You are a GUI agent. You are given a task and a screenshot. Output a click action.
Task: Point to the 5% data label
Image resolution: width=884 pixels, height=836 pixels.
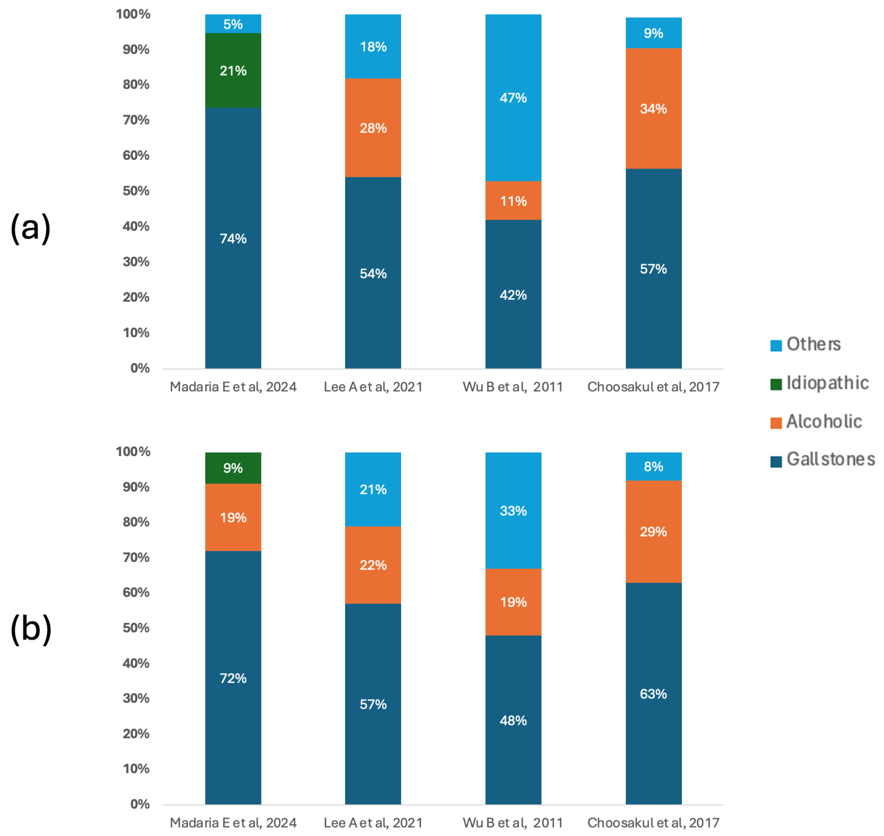point(233,24)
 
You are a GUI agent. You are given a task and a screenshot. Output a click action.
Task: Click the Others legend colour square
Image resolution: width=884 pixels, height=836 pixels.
point(776,345)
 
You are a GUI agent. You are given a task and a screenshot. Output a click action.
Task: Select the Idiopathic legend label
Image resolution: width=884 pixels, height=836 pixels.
point(827,383)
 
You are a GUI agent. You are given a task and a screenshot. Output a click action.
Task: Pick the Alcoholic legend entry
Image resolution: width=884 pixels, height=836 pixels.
point(823,422)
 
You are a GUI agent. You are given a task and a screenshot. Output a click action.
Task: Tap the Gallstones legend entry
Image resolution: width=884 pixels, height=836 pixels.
point(830,459)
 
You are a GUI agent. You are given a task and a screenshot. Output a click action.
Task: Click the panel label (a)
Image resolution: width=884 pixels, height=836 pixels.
point(30,228)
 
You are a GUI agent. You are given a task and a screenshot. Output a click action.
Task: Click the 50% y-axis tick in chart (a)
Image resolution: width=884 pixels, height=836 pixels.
point(136,191)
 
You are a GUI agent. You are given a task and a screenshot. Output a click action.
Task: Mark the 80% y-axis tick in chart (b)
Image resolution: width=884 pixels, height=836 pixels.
point(136,522)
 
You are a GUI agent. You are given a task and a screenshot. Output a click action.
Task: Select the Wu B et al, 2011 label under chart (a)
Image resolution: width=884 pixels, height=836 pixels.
point(513,387)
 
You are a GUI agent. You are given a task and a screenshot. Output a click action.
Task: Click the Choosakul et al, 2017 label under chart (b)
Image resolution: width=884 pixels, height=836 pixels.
point(653,823)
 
